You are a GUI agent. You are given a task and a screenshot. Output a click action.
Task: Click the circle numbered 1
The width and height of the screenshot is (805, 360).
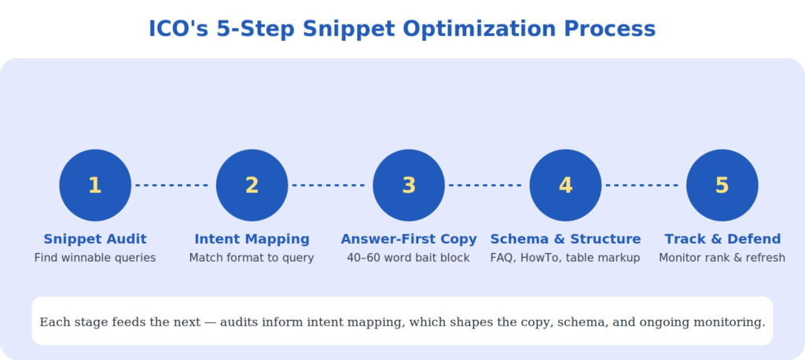(95, 185)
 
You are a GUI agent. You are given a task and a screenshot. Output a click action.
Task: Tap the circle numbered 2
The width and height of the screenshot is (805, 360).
(252, 185)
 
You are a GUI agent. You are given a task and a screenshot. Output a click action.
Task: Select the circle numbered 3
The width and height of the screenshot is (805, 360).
(409, 185)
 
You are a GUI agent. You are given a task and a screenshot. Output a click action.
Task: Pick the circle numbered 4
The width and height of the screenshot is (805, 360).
(565, 185)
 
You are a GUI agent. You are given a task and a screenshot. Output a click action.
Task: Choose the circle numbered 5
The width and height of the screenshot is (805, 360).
(722, 185)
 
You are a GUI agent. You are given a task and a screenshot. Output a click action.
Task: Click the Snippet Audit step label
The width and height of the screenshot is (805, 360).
(95, 239)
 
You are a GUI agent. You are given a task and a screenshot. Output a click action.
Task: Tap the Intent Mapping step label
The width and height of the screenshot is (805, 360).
(252, 239)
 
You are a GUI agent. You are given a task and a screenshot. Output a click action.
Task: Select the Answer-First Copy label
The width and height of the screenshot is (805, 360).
(409, 239)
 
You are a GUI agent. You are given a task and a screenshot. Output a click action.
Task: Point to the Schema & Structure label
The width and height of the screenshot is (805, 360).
(565, 239)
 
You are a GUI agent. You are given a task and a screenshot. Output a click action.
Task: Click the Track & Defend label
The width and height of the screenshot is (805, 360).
(722, 239)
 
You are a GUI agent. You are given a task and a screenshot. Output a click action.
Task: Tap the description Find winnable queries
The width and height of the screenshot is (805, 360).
(95, 258)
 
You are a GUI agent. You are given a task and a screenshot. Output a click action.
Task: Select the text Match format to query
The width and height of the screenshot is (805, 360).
(252, 258)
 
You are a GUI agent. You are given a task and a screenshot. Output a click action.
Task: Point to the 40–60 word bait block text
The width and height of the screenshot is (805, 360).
(408, 258)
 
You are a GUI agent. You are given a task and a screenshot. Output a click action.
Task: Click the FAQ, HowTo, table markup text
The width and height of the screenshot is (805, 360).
(565, 258)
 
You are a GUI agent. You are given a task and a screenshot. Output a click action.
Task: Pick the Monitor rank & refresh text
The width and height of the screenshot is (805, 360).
(722, 258)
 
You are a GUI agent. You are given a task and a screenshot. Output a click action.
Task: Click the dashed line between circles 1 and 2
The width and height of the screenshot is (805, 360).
(171, 185)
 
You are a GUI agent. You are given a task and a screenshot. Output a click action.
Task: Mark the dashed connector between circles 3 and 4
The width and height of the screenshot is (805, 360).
(485, 185)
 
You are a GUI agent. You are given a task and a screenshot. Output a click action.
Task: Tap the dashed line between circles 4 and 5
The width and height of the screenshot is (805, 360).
(641, 185)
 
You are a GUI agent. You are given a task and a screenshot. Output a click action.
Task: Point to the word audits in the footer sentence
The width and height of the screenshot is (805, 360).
(240, 322)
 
